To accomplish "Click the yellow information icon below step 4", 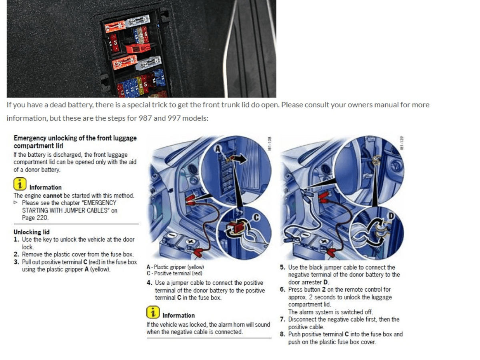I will coord(153,312).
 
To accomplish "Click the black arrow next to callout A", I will coord(242,159).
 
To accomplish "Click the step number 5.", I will coord(282,267).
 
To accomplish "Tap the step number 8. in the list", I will coord(282,334).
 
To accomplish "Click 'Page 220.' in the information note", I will coord(35,218).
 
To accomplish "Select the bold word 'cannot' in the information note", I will coord(52,196).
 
